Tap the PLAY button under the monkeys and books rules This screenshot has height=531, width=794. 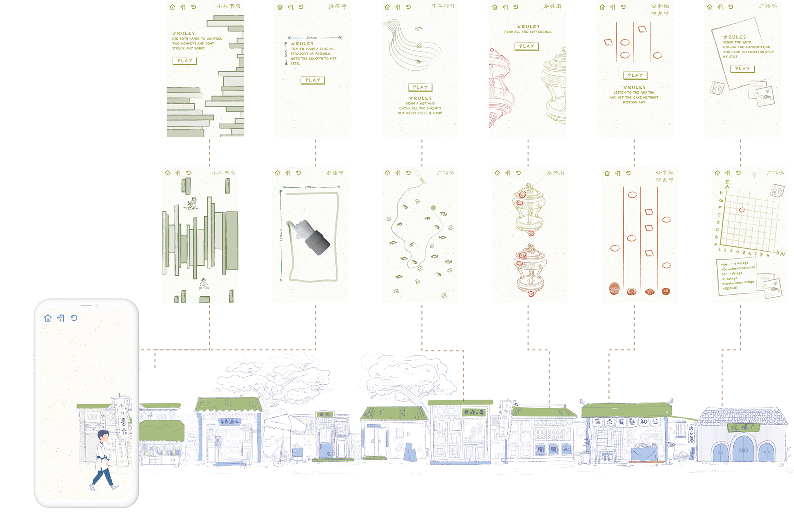pyautogui.click(x=184, y=61)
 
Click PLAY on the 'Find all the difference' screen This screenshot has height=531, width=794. pyautogui.click(x=526, y=46)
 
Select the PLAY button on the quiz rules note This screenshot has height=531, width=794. pyautogui.click(x=742, y=69)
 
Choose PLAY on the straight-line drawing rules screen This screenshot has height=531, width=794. pyautogui.click(x=313, y=80)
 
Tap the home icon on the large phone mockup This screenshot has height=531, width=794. pyautogui.click(x=48, y=318)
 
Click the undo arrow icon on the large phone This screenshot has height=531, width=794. pyautogui.click(x=74, y=318)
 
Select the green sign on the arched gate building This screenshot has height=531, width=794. pyautogui.click(x=744, y=427)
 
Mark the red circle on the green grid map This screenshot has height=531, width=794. pyautogui.click(x=741, y=210)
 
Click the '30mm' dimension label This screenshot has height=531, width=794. pyautogui.click(x=311, y=38)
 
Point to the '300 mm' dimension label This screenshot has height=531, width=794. pyautogui.click(x=311, y=187)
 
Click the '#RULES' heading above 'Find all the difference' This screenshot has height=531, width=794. pyautogui.click(x=528, y=26)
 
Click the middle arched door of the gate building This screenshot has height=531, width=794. pyautogui.click(x=744, y=450)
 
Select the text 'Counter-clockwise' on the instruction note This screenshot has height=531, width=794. pyautogui.click(x=739, y=268)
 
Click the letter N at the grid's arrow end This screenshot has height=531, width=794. pyautogui.click(x=782, y=254)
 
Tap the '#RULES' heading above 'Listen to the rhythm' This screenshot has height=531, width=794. pyautogui.click(x=634, y=88)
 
